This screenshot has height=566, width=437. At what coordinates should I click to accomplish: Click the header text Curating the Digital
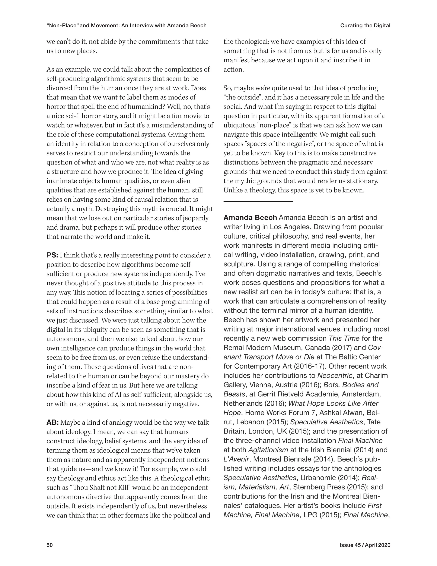365,25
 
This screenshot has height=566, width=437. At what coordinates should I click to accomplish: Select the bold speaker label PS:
52,255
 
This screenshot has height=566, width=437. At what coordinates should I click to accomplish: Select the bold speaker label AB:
52,423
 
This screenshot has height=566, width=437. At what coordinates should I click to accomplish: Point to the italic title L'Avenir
236,459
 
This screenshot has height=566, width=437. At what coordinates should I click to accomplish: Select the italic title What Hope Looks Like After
333,403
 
